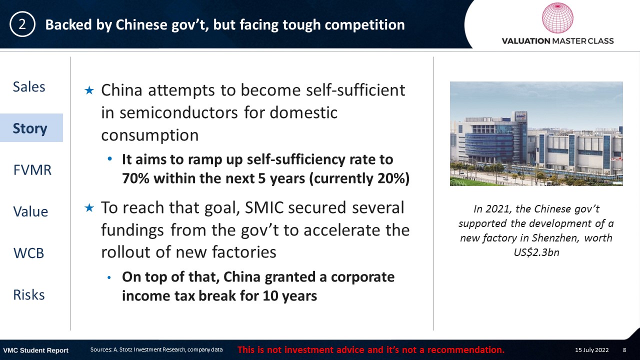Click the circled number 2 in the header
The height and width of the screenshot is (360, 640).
tap(22, 24)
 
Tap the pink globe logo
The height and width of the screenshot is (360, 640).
tap(557, 17)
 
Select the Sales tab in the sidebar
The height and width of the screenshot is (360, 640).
tap(29, 86)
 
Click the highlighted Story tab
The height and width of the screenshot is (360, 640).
tap(30, 128)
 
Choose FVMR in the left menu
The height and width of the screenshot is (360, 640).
tap(32, 170)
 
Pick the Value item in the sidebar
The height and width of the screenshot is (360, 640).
tap(30, 211)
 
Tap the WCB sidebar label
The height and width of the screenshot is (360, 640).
tap(29, 253)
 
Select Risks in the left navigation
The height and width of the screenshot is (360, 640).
tap(29, 295)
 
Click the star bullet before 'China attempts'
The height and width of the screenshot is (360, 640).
tap(89, 90)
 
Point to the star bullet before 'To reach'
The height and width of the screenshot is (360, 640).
tap(89, 207)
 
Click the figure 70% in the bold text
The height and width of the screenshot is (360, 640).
tap(135, 178)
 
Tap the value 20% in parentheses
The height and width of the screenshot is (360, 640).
tap(390, 178)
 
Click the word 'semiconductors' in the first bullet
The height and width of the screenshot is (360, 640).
tap(178, 112)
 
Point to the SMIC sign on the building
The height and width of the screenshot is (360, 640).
tap(521, 116)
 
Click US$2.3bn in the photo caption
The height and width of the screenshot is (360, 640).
tap(536, 252)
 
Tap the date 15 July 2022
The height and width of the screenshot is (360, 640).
tap(591, 350)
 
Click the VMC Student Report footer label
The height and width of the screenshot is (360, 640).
tap(35, 350)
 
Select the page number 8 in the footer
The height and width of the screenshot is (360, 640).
tap(624, 350)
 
